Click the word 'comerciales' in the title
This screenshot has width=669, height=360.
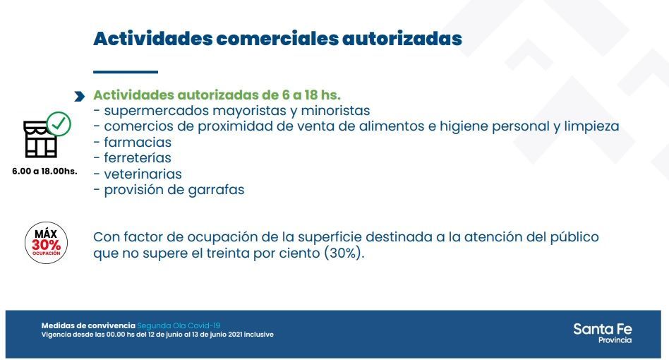pyautogui.click(x=277, y=38)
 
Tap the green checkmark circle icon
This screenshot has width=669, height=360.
pyautogui.click(x=59, y=124)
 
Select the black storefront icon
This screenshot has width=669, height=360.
pyautogui.click(x=40, y=139)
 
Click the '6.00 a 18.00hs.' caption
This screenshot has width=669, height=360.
pyautogui.click(x=44, y=171)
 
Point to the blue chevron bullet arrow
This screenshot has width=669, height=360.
pyautogui.click(x=79, y=97)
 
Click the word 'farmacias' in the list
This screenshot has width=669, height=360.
pyautogui.click(x=138, y=142)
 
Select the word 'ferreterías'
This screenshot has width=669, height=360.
pyautogui.click(x=138, y=158)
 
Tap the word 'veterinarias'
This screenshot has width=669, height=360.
pyautogui.click(x=143, y=174)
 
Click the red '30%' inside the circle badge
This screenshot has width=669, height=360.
pyautogui.click(x=46, y=245)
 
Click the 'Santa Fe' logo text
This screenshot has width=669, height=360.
pyautogui.click(x=603, y=329)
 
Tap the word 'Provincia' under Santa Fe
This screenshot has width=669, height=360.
pyautogui.click(x=615, y=340)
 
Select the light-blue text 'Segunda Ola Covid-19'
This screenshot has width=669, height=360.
pyautogui.click(x=179, y=326)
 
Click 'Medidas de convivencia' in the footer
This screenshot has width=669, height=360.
pyautogui.click(x=88, y=326)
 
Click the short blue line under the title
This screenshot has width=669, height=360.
pyautogui.click(x=126, y=72)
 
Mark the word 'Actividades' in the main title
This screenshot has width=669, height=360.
pyautogui.click(x=152, y=38)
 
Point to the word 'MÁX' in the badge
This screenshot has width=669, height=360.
pyautogui.click(x=46, y=234)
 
